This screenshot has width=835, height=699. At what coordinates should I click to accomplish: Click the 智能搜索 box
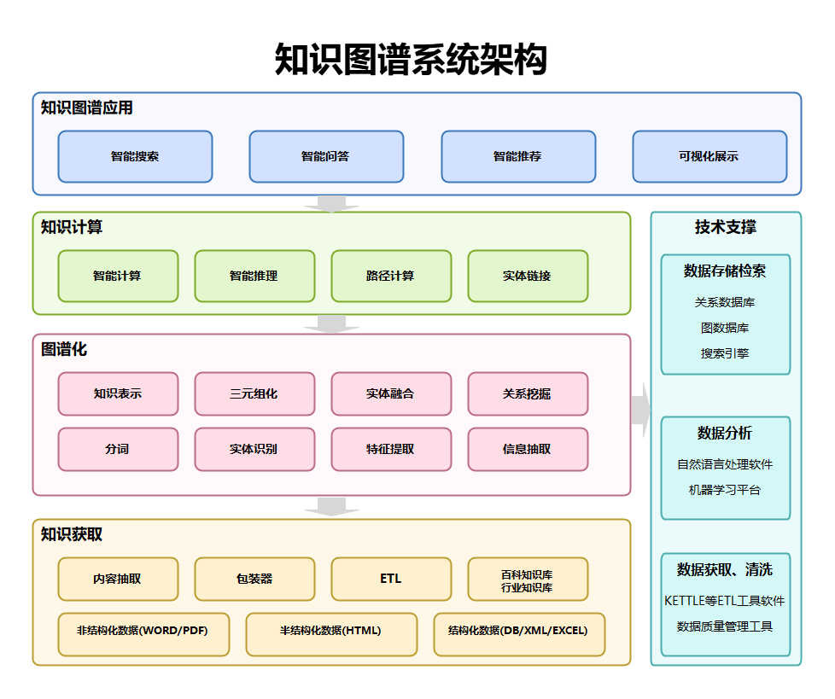coord(135,157)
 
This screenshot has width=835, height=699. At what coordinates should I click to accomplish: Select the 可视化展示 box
coord(709,157)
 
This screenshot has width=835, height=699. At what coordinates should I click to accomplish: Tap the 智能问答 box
coord(326,157)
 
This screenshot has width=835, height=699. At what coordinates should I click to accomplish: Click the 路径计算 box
coord(391,277)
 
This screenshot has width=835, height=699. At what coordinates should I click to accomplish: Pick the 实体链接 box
coord(528,277)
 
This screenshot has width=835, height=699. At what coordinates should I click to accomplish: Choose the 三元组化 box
coord(254,394)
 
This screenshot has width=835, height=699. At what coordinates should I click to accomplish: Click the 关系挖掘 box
coord(528,394)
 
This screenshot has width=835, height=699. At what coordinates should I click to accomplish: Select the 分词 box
coord(118,449)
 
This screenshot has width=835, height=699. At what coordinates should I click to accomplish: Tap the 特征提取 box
coord(391,449)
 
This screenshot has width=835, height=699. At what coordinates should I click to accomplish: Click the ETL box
coord(391,579)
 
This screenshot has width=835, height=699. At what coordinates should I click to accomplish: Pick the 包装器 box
coord(254,579)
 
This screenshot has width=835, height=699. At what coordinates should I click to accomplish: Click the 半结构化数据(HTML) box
coord(331,632)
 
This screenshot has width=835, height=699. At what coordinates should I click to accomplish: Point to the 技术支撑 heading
coord(726,228)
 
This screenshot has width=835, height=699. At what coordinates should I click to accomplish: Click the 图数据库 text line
coord(726,328)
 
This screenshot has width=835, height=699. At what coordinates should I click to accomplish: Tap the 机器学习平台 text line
coord(726,490)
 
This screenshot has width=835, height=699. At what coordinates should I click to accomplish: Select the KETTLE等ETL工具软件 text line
coord(726,601)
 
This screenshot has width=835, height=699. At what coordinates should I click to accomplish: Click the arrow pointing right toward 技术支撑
coord(641,411)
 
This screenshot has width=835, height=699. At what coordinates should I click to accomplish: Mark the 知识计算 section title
coord(72,228)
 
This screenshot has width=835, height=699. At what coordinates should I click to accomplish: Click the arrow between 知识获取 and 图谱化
coord(331,507)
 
